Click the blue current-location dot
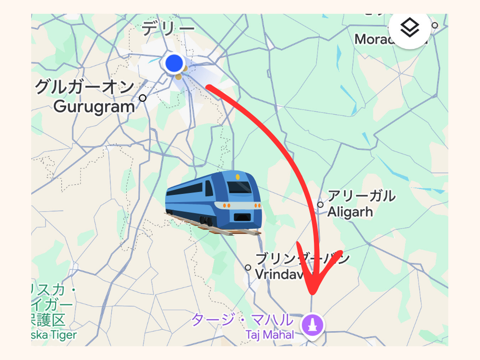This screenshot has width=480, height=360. click(174, 63)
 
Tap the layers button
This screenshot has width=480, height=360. click(409, 28)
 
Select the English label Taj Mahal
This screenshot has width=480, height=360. click(269, 335)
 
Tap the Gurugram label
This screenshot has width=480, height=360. click(94, 106)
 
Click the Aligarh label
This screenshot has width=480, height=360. click(350, 212)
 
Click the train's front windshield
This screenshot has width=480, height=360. click(239, 187)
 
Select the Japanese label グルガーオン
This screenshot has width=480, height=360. click(85, 88)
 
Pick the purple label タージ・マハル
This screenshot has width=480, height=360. click(242, 320)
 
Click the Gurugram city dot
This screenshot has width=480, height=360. click(143, 98)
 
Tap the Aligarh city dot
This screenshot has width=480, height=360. click(320, 205)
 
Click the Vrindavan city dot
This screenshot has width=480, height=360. click(248, 267)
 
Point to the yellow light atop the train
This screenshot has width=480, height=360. click(238, 177)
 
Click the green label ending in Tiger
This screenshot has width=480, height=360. click(54, 335)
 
